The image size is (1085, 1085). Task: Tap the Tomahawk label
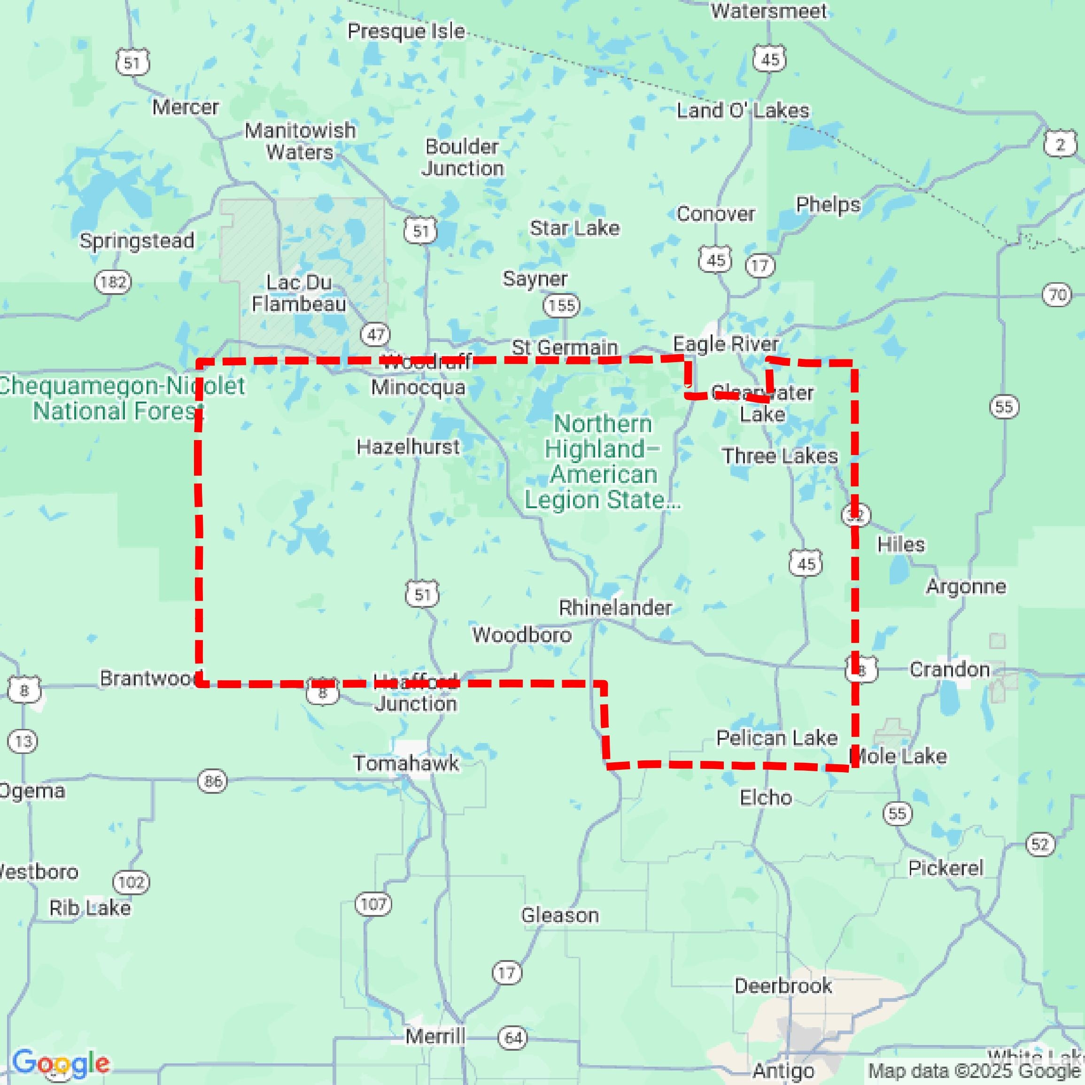coord(406,763)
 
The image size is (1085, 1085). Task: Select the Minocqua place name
coord(418,387)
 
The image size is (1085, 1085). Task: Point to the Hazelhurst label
coord(408,447)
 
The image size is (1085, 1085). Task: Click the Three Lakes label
coord(780,456)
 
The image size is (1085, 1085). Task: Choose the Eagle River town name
coord(726,343)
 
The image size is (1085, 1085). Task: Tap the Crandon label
coord(950,669)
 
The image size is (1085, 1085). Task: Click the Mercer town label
coord(186,107)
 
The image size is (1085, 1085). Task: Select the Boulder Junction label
coord(463,157)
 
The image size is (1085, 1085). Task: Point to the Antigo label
coord(783,1071)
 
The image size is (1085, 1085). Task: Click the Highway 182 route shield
coord(113,281)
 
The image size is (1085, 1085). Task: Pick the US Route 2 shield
coord(1060,145)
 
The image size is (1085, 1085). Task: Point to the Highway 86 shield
coord(213,781)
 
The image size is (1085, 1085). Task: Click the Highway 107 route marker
coord(373,904)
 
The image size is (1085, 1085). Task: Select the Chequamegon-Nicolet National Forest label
coord(121,398)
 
